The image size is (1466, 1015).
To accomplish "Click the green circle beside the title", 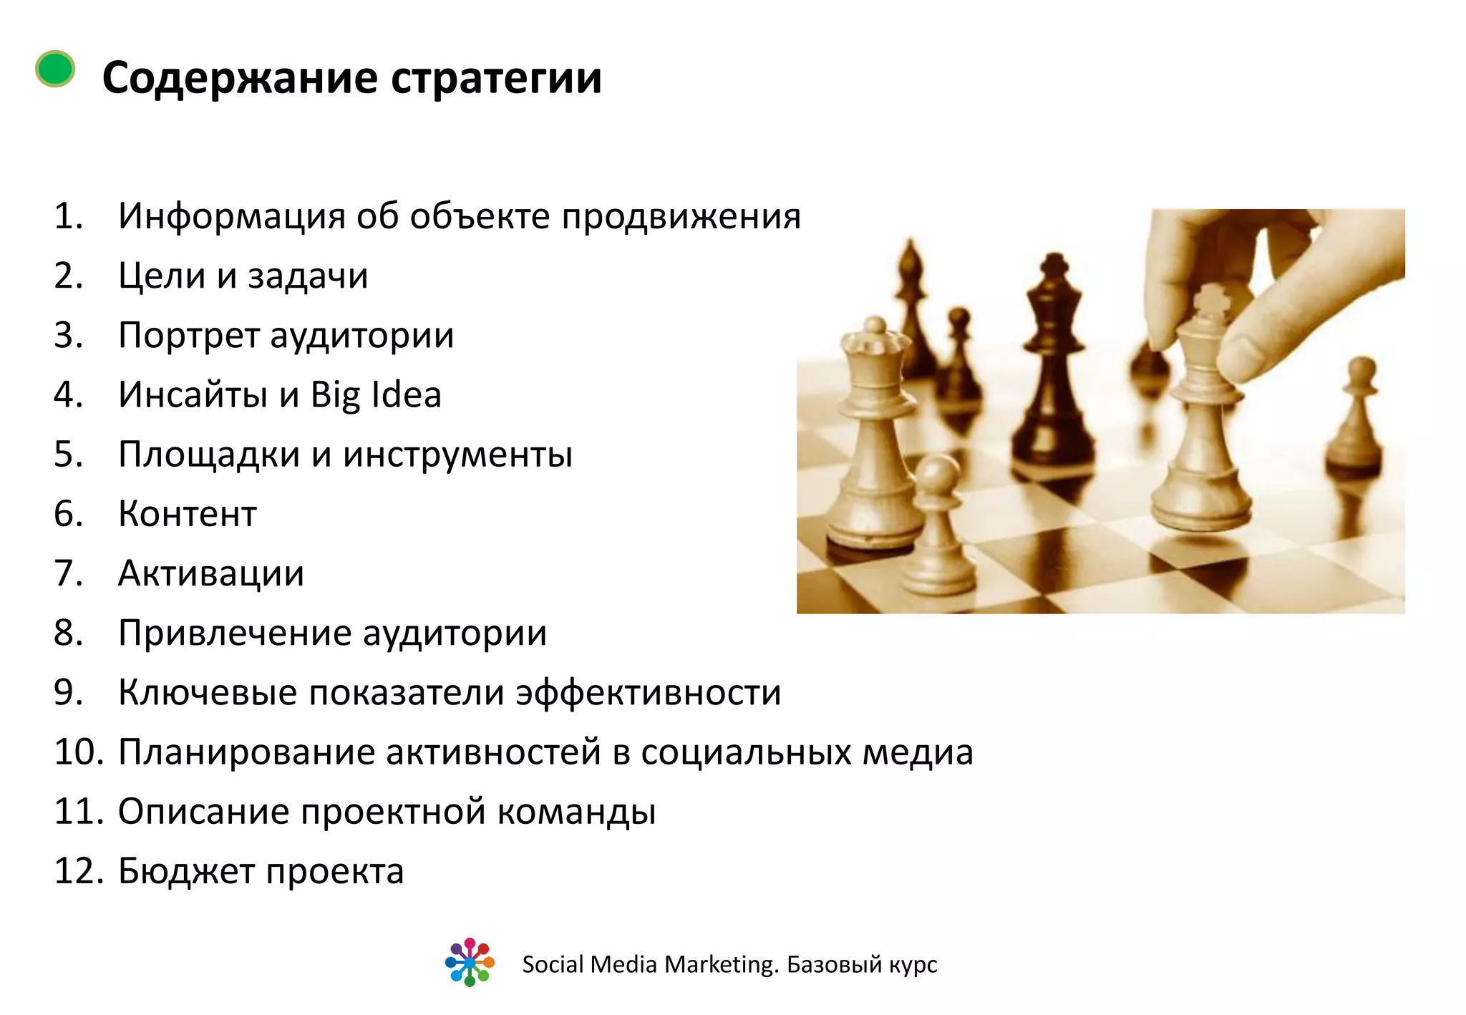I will (x=55, y=69).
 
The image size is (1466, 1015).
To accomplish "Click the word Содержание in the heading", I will (x=240, y=77).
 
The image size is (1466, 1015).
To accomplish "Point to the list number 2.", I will (x=68, y=276).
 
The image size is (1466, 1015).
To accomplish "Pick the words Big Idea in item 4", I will (x=376, y=395).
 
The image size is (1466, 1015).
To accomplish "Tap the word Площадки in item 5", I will (x=208, y=455).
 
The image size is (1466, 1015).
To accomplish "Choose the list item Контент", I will (x=188, y=514).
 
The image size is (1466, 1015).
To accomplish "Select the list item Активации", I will (x=211, y=573).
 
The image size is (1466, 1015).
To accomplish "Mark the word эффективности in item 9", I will (x=649, y=693).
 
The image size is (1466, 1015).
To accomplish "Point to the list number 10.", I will (x=79, y=752).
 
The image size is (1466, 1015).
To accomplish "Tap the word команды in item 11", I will (x=576, y=812).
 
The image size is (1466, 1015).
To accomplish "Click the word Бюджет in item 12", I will (x=186, y=872).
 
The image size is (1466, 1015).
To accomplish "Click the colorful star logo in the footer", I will (x=470, y=962).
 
